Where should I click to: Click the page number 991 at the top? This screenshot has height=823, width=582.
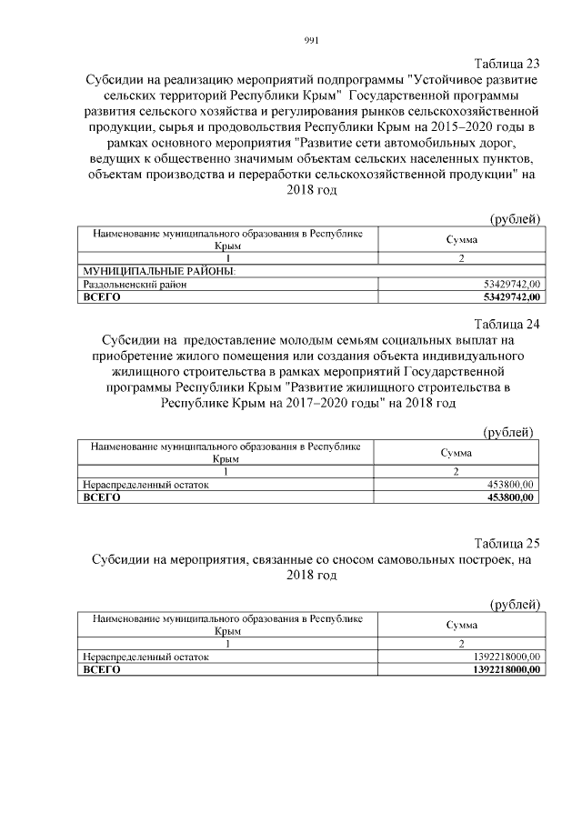click(310, 40)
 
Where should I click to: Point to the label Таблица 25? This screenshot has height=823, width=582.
click(507, 544)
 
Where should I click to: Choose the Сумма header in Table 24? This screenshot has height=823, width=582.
click(456, 452)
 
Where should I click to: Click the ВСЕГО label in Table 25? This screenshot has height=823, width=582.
click(101, 669)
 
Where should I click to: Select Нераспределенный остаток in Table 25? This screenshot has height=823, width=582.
click(145, 657)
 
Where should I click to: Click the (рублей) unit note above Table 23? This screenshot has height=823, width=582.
click(516, 218)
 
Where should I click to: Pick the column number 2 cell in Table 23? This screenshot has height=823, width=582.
click(461, 259)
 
